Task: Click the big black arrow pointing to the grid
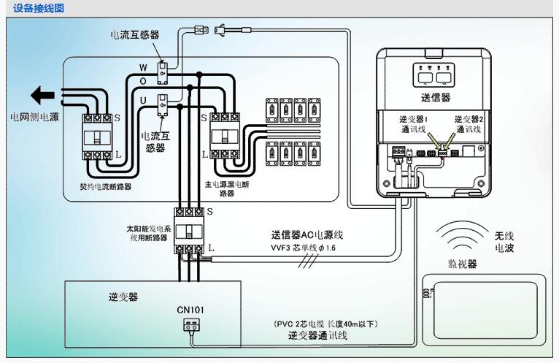pyautogui.click(x=43, y=96)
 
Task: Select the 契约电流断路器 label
pyautogui.click(x=105, y=187)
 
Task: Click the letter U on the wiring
pyautogui.click(x=143, y=98)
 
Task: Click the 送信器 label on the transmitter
pyautogui.click(x=436, y=97)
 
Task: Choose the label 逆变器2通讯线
pyautogui.click(x=469, y=123)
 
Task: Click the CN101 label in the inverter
pyautogui.click(x=190, y=310)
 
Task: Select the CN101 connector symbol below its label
pyautogui.click(x=191, y=326)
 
